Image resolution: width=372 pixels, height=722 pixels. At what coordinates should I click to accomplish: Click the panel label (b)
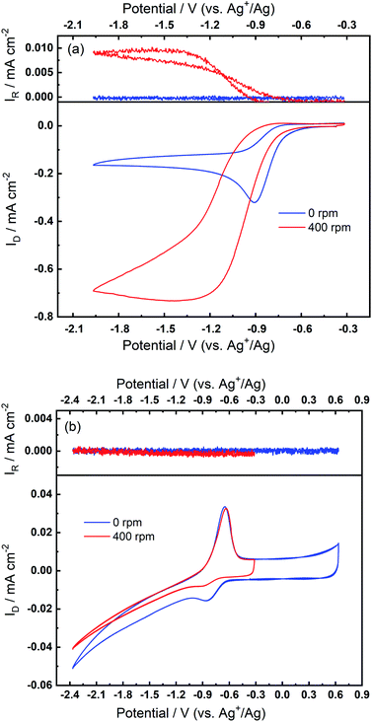point(70,430)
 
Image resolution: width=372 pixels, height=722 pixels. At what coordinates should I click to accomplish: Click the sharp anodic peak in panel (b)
point(225,508)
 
